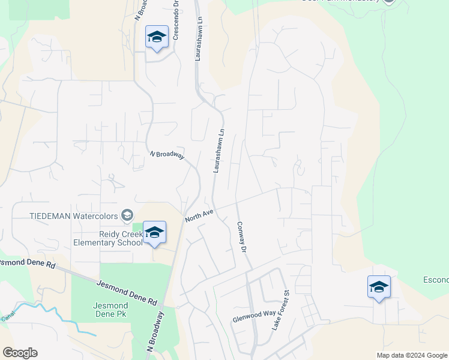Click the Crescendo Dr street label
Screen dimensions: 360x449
(x=176, y=24)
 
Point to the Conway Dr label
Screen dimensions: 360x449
(x=241, y=236)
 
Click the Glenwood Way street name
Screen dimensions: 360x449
(x=254, y=316)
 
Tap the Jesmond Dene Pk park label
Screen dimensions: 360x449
(x=110, y=309)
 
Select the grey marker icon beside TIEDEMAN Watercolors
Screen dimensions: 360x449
(x=127, y=215)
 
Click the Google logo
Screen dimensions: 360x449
(x=20, y=353)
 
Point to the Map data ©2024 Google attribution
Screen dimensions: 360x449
(x=411, y=355)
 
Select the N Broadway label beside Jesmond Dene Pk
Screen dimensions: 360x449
(x=155, y=331)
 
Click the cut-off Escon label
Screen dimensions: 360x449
(x=436, y=280)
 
